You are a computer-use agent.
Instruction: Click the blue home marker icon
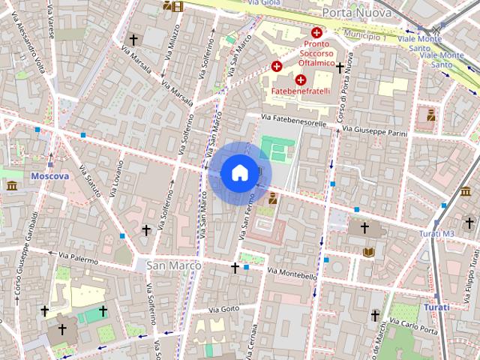coord(239,173)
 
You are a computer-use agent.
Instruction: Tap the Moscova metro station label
coord(49,176)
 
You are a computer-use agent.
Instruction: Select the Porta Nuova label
coord(356,13)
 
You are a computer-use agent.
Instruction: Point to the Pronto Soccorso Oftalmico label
coord(317,52)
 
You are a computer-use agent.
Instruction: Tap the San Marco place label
coord(173,265)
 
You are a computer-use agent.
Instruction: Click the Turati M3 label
coord(437,234)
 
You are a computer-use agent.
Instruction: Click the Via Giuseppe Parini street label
coord(374,130)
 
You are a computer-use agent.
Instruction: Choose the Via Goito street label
coord(223,309)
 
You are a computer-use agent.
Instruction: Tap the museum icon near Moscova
coord(12,185)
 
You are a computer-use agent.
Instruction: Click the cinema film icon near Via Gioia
coord(177,7)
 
